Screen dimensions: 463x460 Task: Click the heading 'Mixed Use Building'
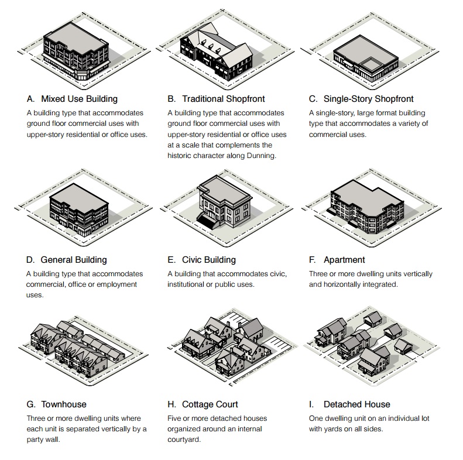[x=79, y=99]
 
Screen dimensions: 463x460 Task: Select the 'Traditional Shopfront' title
[x=223, y=99]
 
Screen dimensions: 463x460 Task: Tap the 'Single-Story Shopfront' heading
[x=368, y=99]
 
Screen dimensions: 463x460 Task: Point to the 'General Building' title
[x=74, y=260]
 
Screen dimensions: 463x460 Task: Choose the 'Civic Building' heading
[x=209, y=260]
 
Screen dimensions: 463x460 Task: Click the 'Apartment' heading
[x=344, y=260]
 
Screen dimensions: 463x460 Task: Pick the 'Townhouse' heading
[x=64, y=404]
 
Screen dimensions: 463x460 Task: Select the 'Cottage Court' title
[x=210, y=404]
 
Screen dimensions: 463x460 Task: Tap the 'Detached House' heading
[x=356, y=404]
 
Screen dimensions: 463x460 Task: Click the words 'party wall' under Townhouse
[x=43, y=440]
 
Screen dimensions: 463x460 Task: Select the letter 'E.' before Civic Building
[x=172, y=260]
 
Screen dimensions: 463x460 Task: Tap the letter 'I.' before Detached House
[x=311, y=404]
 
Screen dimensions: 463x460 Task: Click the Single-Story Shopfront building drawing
[x=366, y=59]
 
